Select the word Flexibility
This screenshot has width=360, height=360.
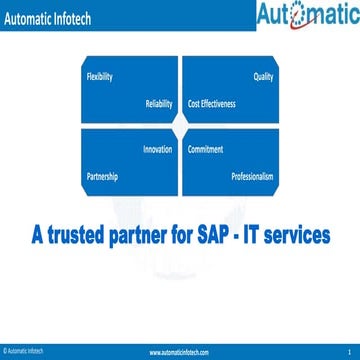99,76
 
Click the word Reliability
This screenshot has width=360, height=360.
159,103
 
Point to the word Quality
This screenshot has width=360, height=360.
263,76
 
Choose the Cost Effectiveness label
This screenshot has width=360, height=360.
212,103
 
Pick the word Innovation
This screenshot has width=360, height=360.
158,149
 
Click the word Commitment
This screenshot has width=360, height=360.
205,149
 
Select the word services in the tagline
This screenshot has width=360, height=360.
300,237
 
